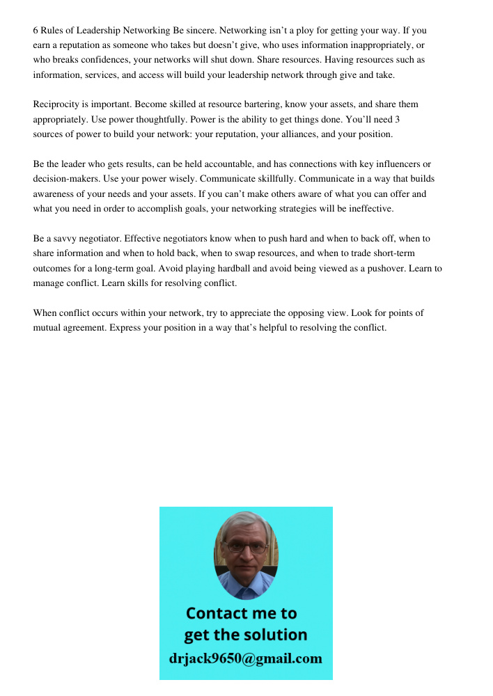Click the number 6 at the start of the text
pos(36,31)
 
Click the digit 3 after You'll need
pos(397,119)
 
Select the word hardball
pos(259,268)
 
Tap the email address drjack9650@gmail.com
pos(246,658)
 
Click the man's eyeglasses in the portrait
pos(246,547)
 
